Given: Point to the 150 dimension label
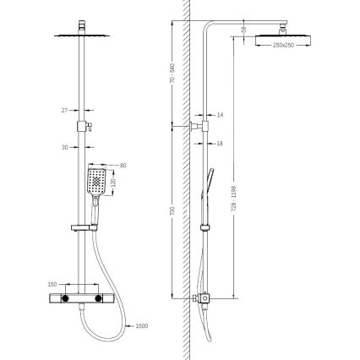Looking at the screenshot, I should [52, 285].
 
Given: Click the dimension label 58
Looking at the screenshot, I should [245, 30].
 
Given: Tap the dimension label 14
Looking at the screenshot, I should [221, 113].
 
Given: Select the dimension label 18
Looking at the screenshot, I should [221, 144].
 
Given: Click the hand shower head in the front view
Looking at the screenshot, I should [98, 181].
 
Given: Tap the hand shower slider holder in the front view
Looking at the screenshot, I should [83, 226].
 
